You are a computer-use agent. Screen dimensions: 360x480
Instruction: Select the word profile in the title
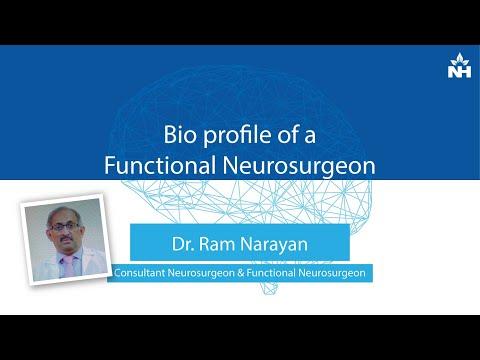234,136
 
